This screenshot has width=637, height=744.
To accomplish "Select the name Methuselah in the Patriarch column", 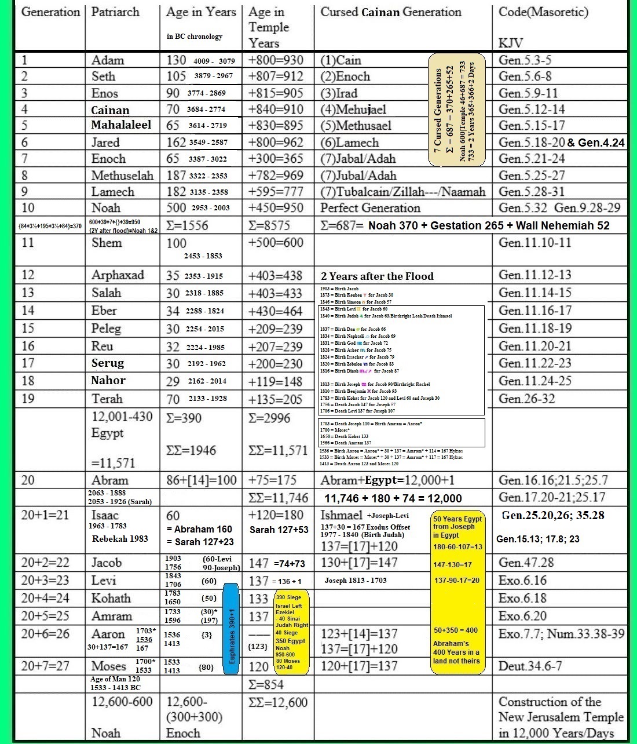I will (x=122, y=176).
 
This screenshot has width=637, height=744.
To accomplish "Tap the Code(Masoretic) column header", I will (x=543, y=12).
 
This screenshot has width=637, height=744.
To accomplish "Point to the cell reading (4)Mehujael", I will (x=353, y=110).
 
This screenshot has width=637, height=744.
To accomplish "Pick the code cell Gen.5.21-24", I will (x=532, y=159).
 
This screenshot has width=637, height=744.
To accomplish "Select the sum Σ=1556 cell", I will (x=187, y=225).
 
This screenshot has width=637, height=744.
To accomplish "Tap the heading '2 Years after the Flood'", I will (x=377, y=276).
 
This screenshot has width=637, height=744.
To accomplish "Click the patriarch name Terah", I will (x=107, y=399).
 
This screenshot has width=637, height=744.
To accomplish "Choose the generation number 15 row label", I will (x=28, y=329).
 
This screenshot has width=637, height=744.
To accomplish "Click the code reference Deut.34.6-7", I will (x=530, y=666).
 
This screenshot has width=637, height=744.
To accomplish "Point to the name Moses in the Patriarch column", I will (x=108, y=666).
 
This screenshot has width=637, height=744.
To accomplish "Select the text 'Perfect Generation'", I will (x=370, y=208).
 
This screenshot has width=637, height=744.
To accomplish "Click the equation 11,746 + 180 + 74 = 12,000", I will (x=393, y=498).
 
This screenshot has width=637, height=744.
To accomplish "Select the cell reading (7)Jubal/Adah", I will (x=358, y=176).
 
